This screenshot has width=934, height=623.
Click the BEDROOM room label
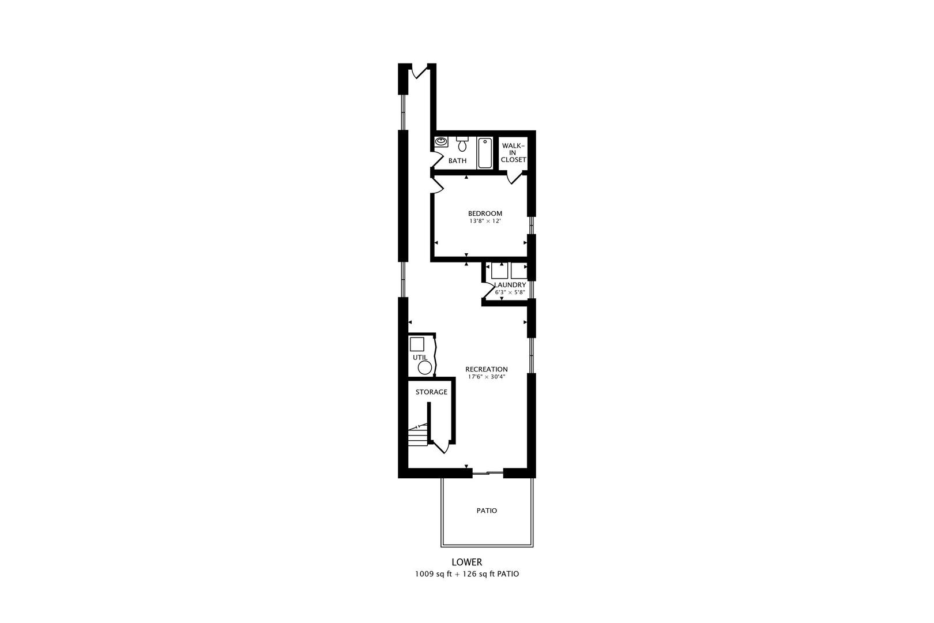click(x=484, y=213)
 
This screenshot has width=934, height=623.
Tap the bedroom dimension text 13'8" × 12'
click(x=484, y=221)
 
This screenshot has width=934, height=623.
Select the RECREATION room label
click(x=487, y=369)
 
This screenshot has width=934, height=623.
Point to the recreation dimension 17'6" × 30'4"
click(x=487, y=377)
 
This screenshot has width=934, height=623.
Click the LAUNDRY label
click(x=510, y=285)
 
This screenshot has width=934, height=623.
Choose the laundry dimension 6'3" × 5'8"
click(x=510, y=292)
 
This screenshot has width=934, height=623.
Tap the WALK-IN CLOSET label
click(x=513, y=153)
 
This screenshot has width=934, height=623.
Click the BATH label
click(x=457, y=161)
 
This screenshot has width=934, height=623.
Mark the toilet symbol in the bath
click(x=462, y=144)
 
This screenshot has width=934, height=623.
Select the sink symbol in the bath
click(x=442, y=141)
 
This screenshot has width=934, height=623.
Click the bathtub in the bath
click(x=485, y=153)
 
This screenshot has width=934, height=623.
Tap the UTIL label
click(x=420, y=358)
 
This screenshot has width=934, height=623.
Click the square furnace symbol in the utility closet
click(x=417, y=345)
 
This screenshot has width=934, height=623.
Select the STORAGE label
click(x=431, y=392)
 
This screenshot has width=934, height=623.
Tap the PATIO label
click(x=487, y=511)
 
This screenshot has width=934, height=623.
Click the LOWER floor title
click(x=466, y=562)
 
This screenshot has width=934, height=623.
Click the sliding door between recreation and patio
click(x=488, y=474)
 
